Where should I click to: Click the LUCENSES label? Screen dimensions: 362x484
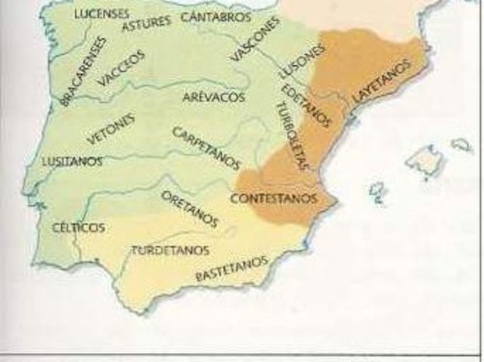(x=101, y=14)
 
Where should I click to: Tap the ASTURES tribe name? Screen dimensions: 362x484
(x=146, y=23)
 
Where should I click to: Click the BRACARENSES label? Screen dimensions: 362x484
(x=82, y=70)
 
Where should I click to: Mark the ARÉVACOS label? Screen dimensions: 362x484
(x=213, y=97)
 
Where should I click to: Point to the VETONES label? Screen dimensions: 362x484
(x=111, y=128)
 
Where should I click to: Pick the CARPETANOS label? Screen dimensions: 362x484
(x=206, y=147)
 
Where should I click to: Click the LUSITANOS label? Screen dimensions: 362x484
(x=73, y=161)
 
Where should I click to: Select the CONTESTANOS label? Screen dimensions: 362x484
(x=272, y=199)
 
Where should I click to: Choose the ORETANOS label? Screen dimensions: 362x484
(x=189, y=208)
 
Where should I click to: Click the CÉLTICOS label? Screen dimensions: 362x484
(x=78, y=227)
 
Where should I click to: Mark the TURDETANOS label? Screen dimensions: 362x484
(x=170, y=249)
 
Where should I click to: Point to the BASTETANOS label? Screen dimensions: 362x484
(x=231, y=269)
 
